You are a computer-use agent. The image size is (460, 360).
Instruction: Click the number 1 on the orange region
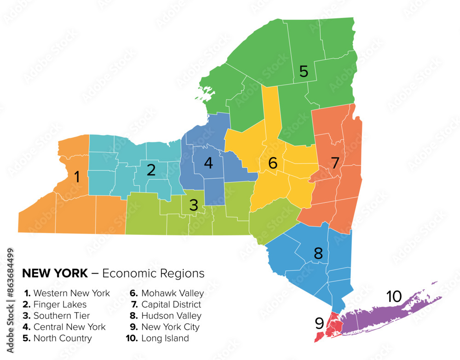[x=77, y=177]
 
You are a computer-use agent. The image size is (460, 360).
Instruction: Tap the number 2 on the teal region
[x=151, y=170]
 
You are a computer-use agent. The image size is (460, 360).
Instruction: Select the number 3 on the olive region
[x=194, y=205]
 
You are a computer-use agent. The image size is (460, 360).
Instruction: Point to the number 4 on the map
[x=208, y=163]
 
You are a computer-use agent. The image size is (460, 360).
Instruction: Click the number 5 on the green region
[x=304, y=71]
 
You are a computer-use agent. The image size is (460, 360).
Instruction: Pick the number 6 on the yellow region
[x=273, y=163]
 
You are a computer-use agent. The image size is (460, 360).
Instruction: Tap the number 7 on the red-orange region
[x=335, y=163]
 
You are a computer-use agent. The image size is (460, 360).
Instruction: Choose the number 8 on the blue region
[x=318, y=252]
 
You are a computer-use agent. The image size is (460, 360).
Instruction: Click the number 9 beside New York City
[x=319, y=324]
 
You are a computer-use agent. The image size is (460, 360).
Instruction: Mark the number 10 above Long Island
[x=394, y=297]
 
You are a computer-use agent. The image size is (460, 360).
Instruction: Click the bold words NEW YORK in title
[x=55, y=274]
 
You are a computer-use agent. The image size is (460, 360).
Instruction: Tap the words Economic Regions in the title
[x=153, y=274]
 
